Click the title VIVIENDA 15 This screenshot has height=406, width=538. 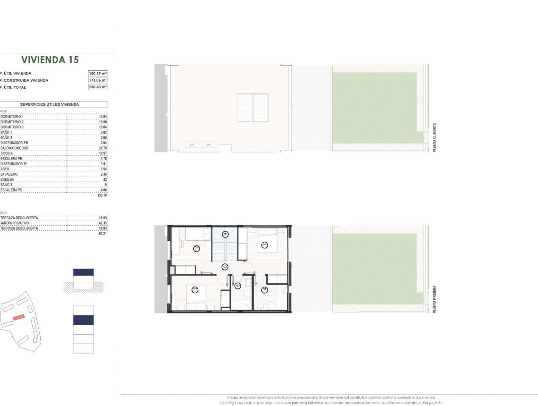point(50,60)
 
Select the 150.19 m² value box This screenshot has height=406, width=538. point(98,73)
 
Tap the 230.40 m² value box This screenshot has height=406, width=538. point(98,87)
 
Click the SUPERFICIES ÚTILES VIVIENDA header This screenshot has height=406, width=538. point(50,104)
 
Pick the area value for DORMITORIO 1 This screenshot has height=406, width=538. point(103,116)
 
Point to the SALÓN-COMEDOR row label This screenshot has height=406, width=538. point(15,148)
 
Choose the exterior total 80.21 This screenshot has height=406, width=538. point(102,233)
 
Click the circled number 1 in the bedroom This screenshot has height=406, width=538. point(264,245)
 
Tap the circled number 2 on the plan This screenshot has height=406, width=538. point(196,248)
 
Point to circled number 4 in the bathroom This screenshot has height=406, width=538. point(264,290)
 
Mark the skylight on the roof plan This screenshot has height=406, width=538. point(252,108)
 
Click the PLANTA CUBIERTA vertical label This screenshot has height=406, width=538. point(434,137)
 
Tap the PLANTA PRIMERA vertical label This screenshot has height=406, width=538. point(434,299)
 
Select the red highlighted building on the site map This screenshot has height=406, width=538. point(18,318)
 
